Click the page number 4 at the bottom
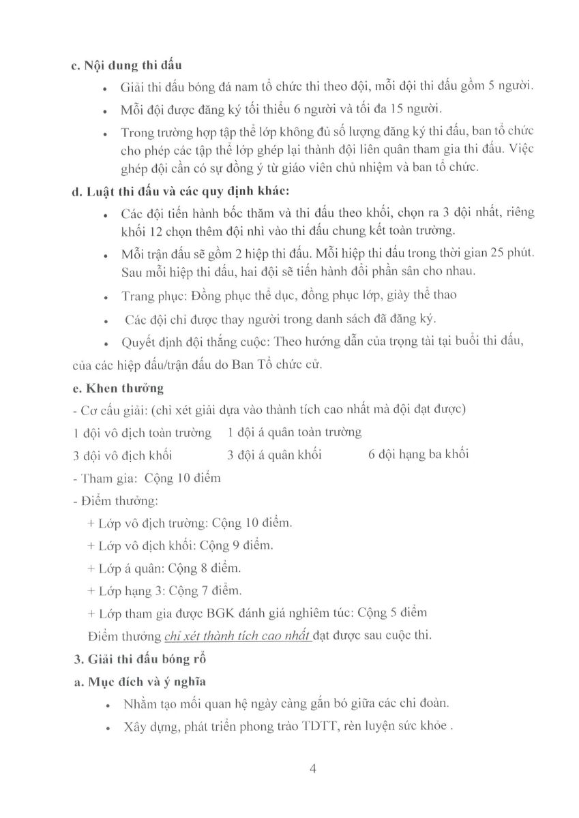tap(313, 769)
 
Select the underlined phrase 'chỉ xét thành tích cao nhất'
tap(237, 636)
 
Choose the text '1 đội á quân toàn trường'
tap(294, 432)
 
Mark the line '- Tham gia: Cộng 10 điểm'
tap(146, 478)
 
